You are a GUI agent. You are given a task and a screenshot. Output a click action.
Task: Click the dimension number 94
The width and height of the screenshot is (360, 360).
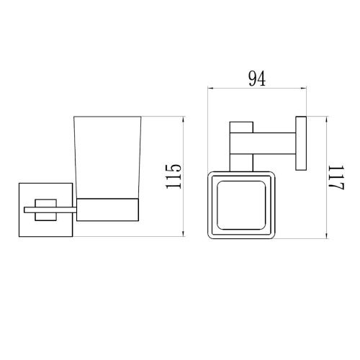(257, 78)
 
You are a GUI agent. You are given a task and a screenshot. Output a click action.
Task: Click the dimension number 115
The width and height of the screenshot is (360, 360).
(174, 176)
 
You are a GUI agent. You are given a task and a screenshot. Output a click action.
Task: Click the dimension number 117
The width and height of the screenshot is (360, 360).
(337, 177)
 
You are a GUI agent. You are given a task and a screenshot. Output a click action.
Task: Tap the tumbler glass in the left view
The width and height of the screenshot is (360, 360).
(107, 158)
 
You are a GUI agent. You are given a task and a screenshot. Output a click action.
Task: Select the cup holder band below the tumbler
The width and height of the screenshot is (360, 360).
(107, 210)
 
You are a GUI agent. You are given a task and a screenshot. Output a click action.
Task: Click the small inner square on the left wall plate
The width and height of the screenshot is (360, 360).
(45, 210)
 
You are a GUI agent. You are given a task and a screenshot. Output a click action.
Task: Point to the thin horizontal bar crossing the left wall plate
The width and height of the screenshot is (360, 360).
(50, 210)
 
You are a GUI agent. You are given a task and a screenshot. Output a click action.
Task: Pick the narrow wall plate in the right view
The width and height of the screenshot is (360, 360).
(301, 143)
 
